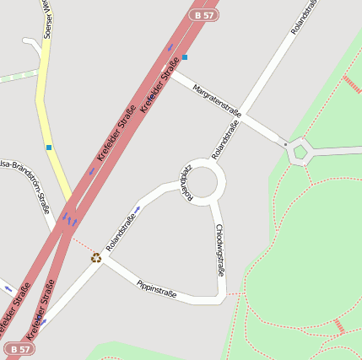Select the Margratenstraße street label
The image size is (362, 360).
tap(217, 100)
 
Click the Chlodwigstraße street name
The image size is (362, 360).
tap(219, 250)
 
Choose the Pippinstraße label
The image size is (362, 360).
tap(156, 288)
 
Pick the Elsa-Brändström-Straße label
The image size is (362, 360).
tap(25, 181)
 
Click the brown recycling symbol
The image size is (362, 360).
tap(96, 257)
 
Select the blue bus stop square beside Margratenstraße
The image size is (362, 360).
tap(185, 57)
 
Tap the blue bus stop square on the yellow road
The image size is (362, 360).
tap(49, 148)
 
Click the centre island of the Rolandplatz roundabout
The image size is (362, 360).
tap(205, 181)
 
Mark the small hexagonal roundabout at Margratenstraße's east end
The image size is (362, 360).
tap(300, 152)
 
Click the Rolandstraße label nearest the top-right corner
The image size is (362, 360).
tap(305, 17)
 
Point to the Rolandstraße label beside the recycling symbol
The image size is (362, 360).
tap(121, 234)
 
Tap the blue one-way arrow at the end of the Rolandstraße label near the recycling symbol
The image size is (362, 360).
tap(138, 208)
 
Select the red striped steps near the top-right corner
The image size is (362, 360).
tap(351, 83)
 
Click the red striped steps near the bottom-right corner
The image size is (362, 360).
tap(338, 326)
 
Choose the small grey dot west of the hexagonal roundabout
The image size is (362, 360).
tap(286, 145)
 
